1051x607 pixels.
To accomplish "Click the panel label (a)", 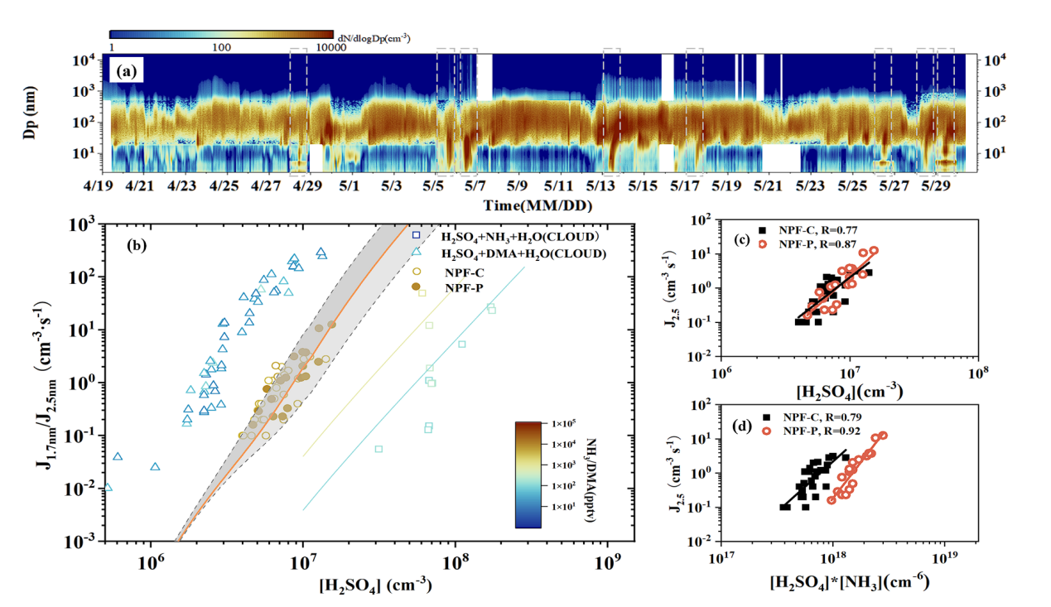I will pyautogui.click(x=127, y=71).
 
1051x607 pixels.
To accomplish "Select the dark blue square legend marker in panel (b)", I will pyautogui.click(x=417, y=235).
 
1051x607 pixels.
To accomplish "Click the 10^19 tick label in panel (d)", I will pyautogui.click(x=943, y=559).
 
